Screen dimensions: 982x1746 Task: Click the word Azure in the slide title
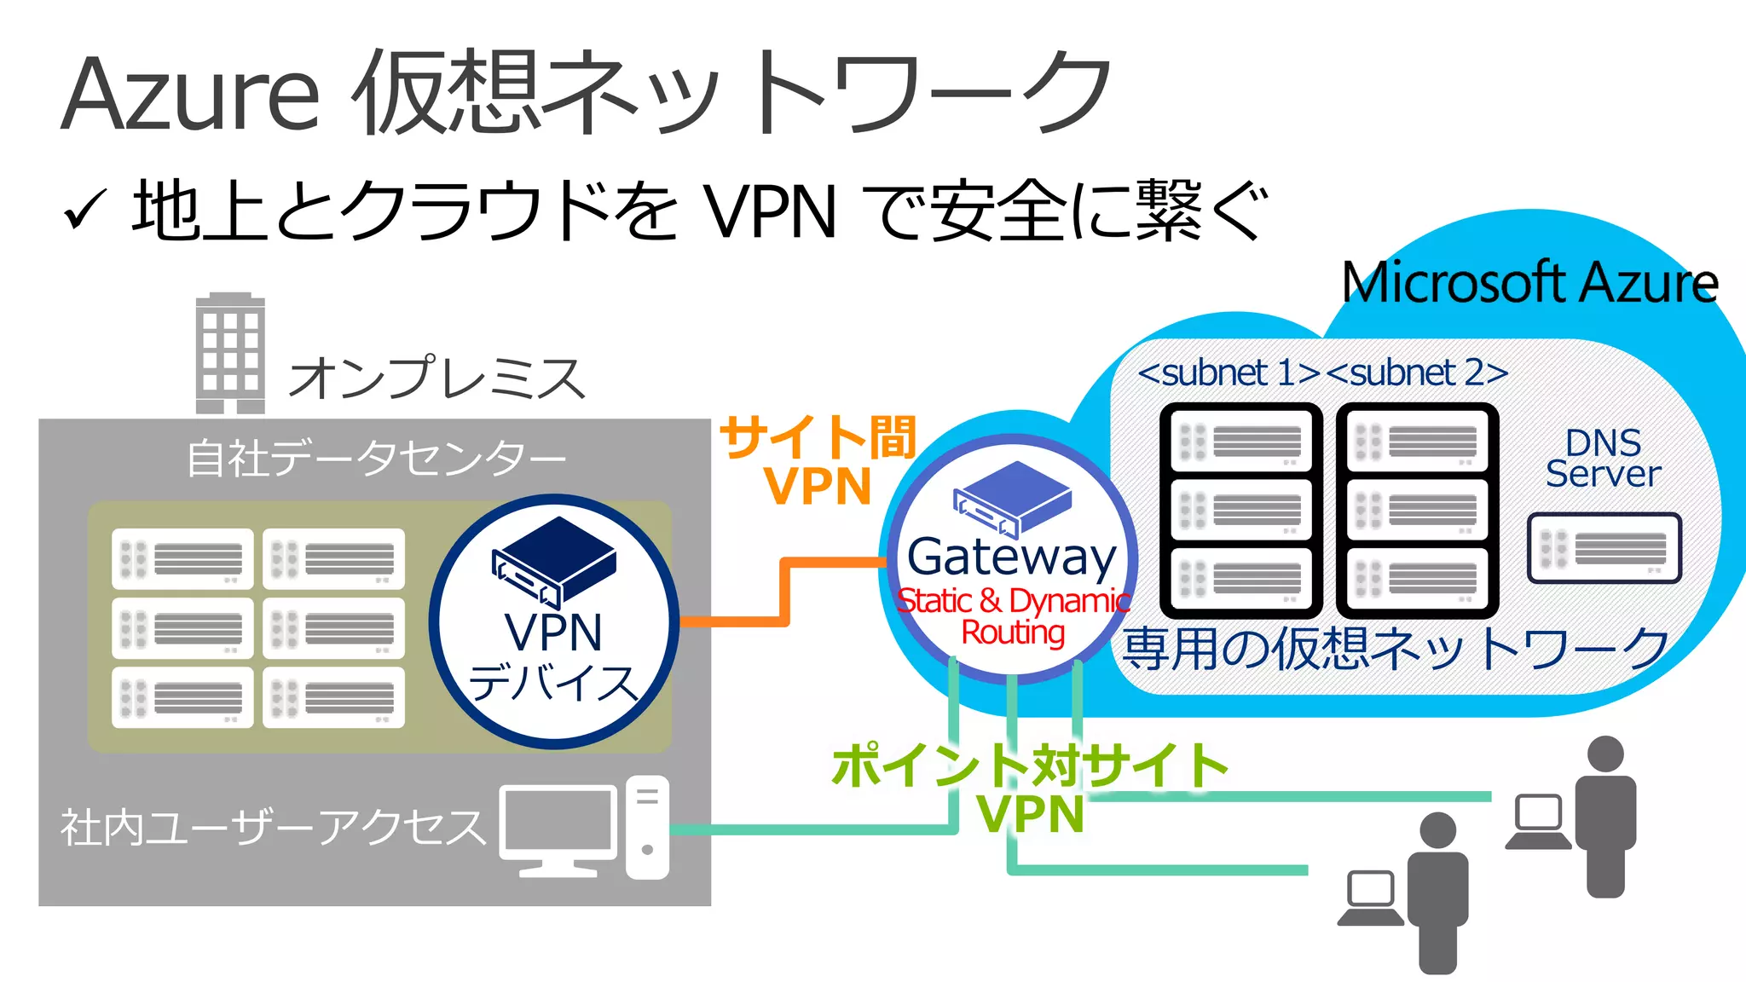[x=189, y=94]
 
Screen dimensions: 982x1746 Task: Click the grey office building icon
[x=230, y=354]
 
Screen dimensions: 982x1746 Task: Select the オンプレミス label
[x=436, y=378]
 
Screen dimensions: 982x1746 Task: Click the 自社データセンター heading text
[x=375, y=459]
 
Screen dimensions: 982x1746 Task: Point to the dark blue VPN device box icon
[x=554, y=558]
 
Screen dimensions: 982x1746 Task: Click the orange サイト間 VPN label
[x=817, y=460]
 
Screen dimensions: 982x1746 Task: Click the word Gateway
[x=1011, y=558]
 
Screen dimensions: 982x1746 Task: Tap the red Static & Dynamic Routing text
[x=1013, y=615]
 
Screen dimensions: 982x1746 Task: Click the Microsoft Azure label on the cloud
[x=1529, y=283]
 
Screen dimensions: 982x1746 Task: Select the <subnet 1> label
[x=1229, y=373]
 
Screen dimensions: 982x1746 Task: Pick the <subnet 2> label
[x=1417, y=373]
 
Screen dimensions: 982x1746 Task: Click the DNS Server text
[x=1603, y=459]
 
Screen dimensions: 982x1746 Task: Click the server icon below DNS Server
[x=1604, y=548]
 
